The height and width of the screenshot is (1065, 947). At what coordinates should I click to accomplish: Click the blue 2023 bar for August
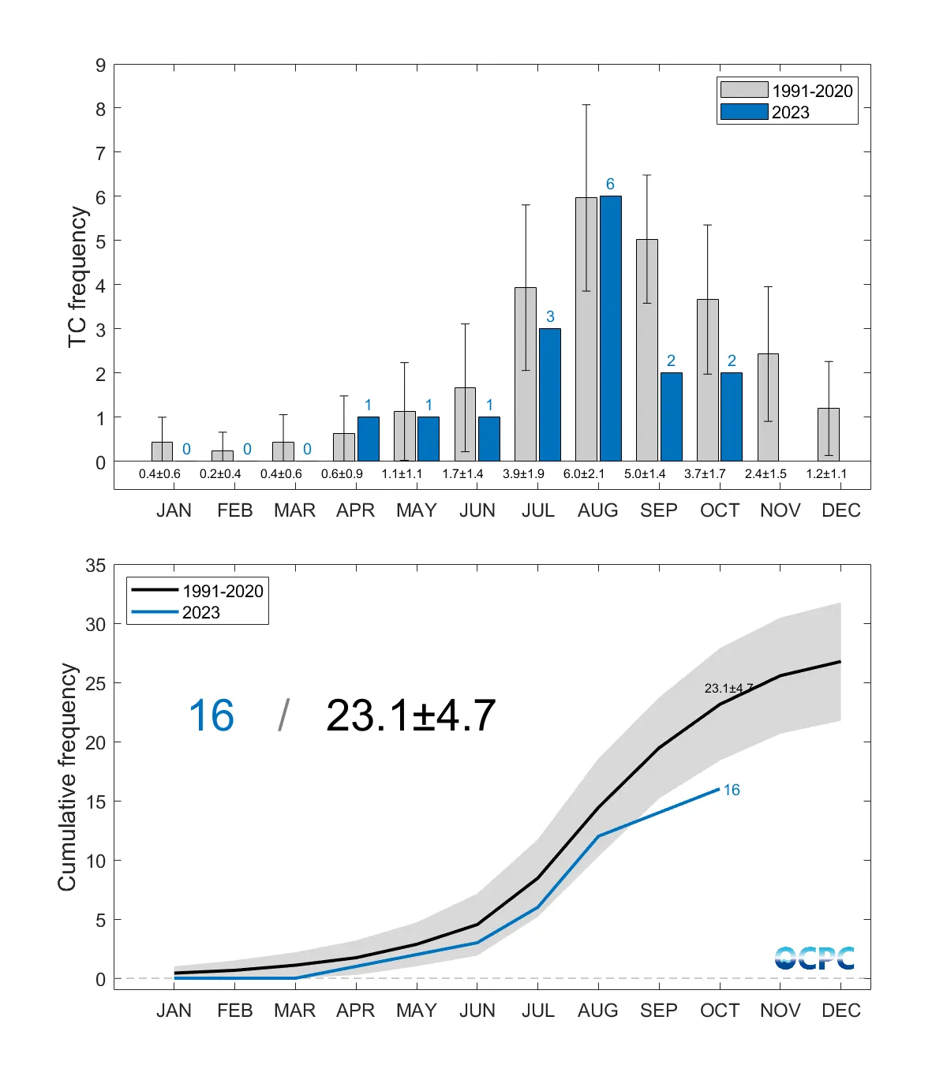coord(610,328)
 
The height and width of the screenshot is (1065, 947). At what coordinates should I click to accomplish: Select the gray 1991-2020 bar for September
coord(647,350)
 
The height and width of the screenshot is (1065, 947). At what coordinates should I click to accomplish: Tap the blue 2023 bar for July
coord(550,394)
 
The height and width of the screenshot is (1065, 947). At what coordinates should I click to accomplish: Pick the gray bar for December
coord(829,435)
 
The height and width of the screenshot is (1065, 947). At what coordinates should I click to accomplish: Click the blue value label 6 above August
coord(610,184)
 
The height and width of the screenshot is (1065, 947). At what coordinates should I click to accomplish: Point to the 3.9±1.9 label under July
coord(523,474)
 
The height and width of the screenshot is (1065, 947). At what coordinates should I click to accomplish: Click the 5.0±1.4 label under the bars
coord(645,474)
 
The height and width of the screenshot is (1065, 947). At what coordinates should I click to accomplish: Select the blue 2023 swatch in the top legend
coord(743,112)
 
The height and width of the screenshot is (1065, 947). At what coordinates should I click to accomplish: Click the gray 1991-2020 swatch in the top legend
coord(743,90)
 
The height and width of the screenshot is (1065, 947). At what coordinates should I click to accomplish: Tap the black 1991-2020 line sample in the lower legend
coord(155,589)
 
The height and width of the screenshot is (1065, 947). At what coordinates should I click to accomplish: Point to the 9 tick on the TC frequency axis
coord(100,65)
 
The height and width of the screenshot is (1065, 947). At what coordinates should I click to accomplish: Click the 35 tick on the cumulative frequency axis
coord(95,566)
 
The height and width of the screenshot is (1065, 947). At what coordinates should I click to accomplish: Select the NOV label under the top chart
coord(780,510)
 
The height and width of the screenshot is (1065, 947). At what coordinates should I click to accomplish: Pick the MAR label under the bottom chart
coord(294,1011)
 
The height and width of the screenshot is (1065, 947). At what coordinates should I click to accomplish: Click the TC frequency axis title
coord(77,276)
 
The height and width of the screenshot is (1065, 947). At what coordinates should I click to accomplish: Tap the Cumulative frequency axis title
coord(68,777)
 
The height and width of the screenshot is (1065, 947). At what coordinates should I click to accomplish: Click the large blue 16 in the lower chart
coord(211,716)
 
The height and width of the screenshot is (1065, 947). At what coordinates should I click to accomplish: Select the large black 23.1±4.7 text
coord(410,716)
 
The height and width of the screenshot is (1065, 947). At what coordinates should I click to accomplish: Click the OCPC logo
coord(814,958)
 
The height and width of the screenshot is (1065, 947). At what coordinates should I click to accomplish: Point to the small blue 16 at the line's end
coord(732,790)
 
